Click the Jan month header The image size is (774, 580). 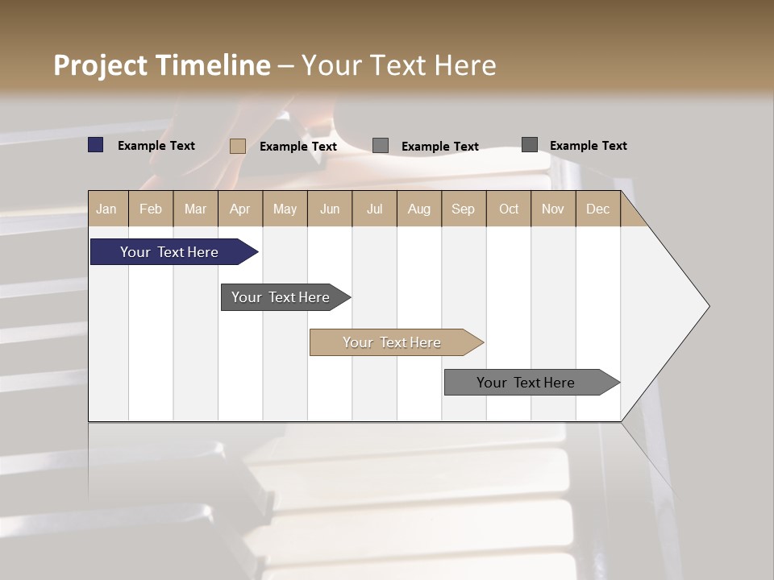[106, 209]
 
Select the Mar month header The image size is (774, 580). [195, 209]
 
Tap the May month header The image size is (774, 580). [285, 209]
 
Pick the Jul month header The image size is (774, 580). [374, 209]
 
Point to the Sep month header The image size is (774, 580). [463, 209]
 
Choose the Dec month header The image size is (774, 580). [597, 209]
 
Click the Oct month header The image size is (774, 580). [509, 209]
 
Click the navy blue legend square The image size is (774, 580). [95, 145]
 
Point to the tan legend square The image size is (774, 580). [237, 146]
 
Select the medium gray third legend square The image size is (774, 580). [381, 146]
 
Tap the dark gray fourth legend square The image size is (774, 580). [529, 145]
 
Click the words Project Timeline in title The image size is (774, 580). [162, 65]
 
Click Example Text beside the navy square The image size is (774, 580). [156, 146]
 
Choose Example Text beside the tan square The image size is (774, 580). [298, 147]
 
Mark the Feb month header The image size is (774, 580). [151, 209]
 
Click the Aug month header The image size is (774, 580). [418, 209]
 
